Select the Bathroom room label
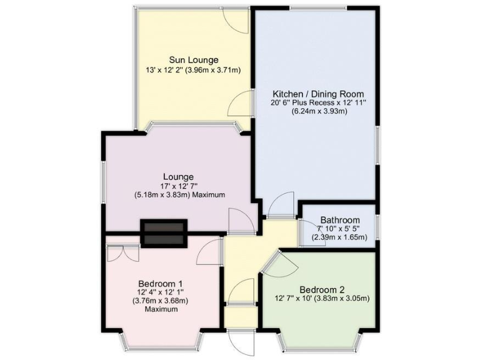(340, 220)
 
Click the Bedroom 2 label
(322, 289)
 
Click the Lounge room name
(178, 177)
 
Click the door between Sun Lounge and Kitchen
(241, 104)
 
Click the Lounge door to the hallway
(241, 221)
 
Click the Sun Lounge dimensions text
(192, 71)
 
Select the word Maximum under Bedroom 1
(159, 309)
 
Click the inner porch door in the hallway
(241, 291)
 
